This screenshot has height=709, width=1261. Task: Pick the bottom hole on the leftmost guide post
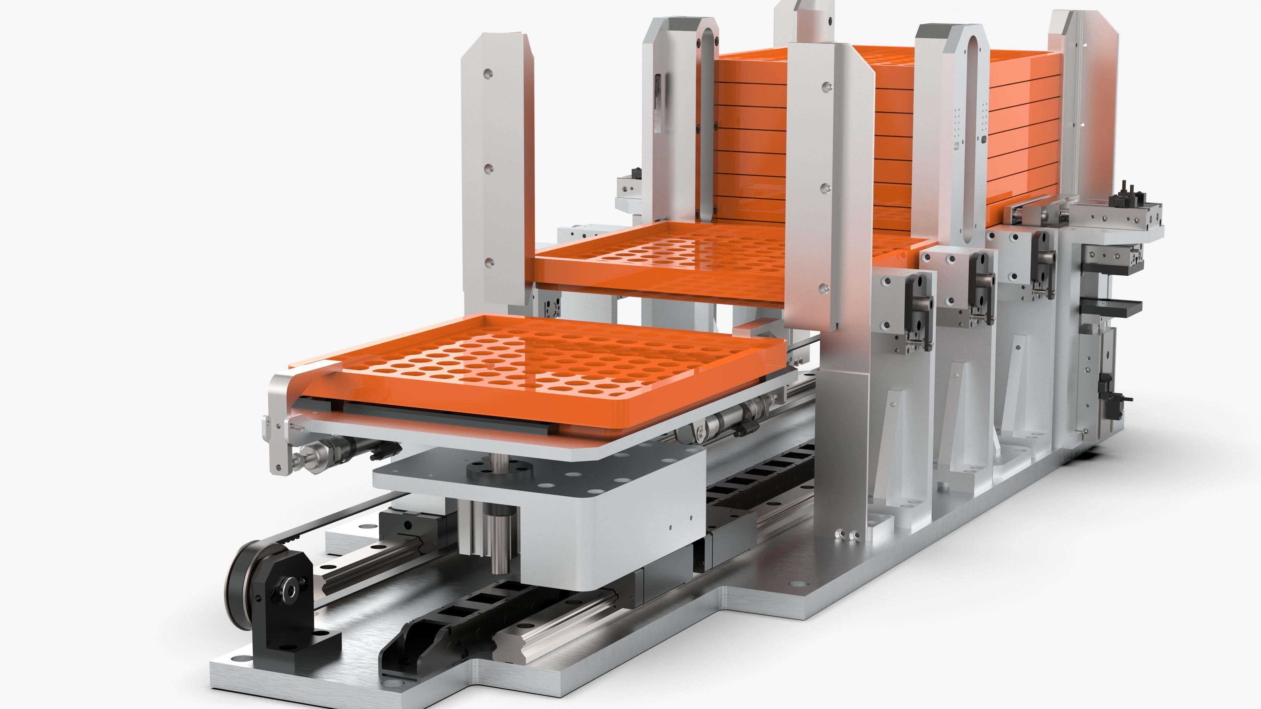488,263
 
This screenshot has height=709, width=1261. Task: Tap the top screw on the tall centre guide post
826,87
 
